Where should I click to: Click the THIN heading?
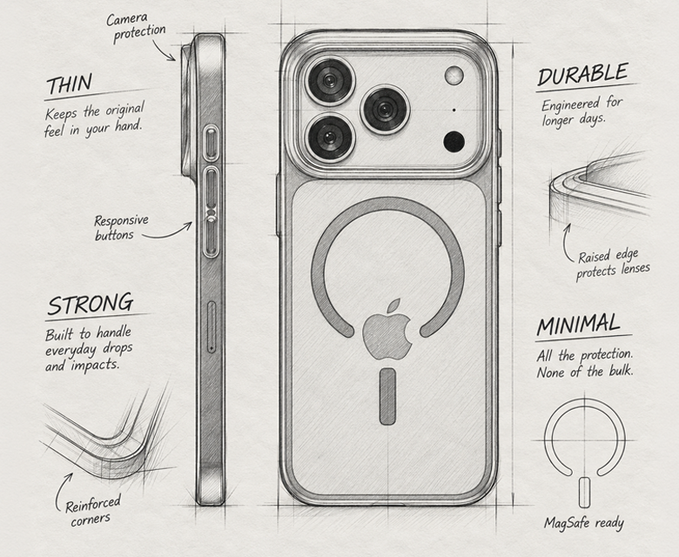70,84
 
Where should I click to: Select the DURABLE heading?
582,75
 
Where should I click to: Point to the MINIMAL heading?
578,325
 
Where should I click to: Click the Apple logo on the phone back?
387,330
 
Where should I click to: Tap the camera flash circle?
454,76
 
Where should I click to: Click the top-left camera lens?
330,81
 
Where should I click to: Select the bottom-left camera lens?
330,138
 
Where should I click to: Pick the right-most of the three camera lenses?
385,109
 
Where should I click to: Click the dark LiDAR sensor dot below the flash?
454,142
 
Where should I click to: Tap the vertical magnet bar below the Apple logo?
387,396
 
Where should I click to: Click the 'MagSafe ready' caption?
584,523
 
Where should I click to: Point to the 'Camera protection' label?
136,27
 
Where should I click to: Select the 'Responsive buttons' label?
121,228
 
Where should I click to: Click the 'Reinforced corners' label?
92,511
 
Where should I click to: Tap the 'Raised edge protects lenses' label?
612,264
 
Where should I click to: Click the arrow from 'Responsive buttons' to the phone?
169,234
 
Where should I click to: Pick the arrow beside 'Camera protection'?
165,50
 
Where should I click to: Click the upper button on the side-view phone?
211,143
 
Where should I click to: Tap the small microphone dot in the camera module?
454,110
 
